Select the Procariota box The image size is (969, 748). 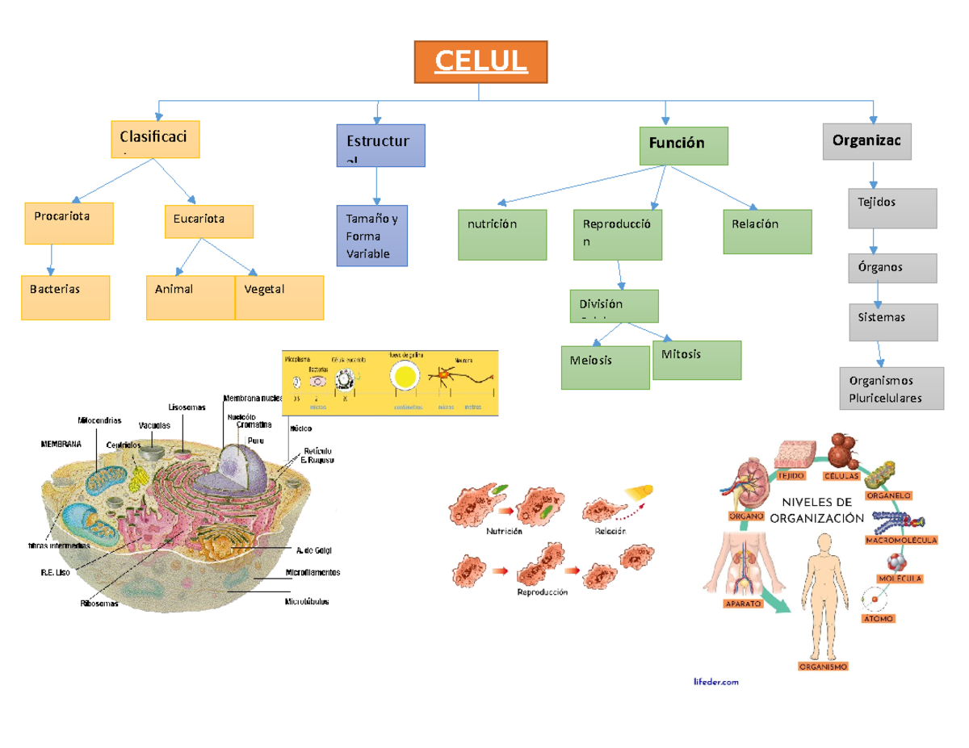pyautogui.click(x=69, y=223)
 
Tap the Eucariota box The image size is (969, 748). pyautogui.click(x=208, y=221)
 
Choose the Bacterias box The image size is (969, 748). pyautogui.click(x=65, y=297)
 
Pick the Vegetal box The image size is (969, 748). pyautogui.click(x=279, y=297)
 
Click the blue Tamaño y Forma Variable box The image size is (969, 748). pyautogui.click(x=371, y=235)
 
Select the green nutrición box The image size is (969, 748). pyautogui.click(x=501, y=234)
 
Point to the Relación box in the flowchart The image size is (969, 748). pyautogui.click(x=766, y=232)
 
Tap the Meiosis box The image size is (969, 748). pyautogui.click(x=605, y=367)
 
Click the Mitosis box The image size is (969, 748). pyautogui.click(x=697, y=360)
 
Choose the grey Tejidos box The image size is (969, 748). pyautogui.click(x=892, y=208)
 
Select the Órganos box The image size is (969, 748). pyautogui.click(x=892, y=268)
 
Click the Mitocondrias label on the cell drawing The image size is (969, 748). pyautogui.click(x=99, y=420)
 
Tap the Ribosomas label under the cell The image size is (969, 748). pyautogui.click(x=99, y=603)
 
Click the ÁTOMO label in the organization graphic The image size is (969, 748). pyautogui.click(x=878, y=619)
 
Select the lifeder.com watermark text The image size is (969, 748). pyautogui.click(x=715, y=682)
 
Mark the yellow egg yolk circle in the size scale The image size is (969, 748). pyautogui.click(x=404, y=376)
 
